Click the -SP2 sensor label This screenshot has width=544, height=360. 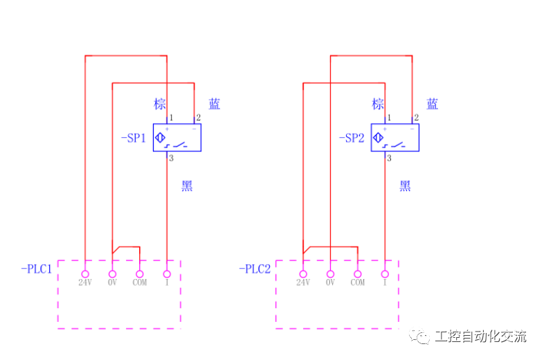point(352,138)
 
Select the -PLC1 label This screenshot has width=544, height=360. point(37,269)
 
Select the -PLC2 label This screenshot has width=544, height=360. point(255,269)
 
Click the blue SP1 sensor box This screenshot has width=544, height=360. point(177,138)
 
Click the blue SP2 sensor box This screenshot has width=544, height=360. point(395,138)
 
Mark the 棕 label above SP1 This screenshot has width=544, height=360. point(160,105)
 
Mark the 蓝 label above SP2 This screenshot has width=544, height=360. point(433,105)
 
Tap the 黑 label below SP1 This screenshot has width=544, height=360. point(187,186)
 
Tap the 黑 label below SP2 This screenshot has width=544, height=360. point(405,186)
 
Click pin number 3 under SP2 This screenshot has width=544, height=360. point(389,159)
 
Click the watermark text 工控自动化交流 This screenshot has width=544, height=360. point(480,337)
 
